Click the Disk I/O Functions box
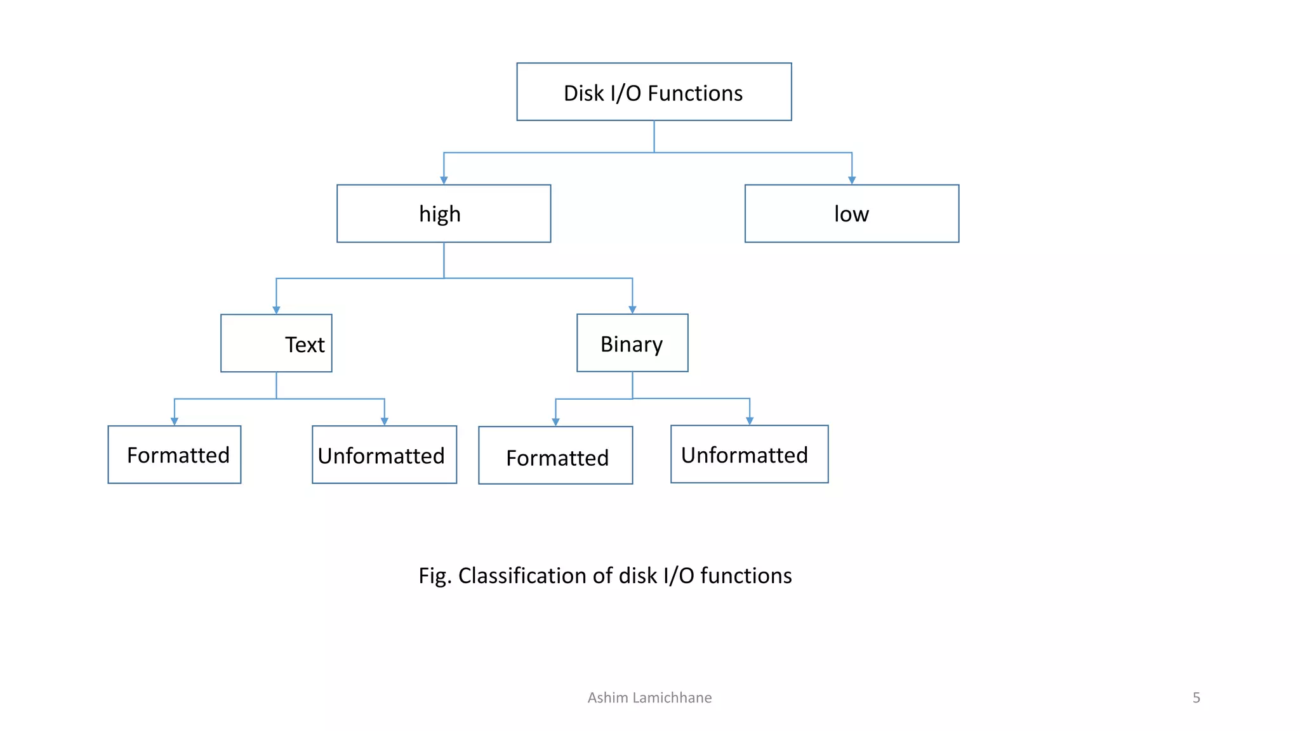pos(654,92)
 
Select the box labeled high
pos(444,214)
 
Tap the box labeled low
pos(851,214)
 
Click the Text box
pos(276,343)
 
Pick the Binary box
pos(632,343)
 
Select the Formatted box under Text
pos(175,455)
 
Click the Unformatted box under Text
pos(384,455)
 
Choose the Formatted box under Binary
pos(555,456)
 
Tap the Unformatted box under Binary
pos(749,454)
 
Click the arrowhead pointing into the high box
pos(444,181)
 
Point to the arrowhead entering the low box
pos(852,181)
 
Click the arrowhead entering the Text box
pos(276,310)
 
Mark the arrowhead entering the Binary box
pos(632,310)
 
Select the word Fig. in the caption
pos(435,576)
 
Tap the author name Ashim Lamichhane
pos(649,697)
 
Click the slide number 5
pos(1196,697)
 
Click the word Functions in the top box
pos(694,93)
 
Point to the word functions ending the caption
pos(746,576)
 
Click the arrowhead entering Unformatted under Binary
pos(750,421)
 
